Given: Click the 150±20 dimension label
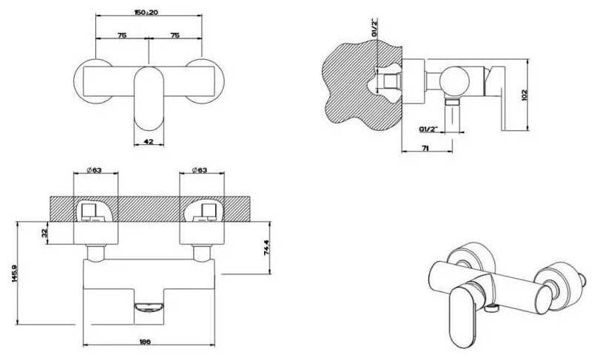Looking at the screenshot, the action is [146, 12].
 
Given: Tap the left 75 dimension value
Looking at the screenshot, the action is [121, 35].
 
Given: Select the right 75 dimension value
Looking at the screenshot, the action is [175, 35].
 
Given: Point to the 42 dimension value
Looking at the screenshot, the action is [149, 142].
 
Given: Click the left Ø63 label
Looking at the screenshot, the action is [95, 170].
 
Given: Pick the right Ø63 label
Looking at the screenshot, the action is [200, 170].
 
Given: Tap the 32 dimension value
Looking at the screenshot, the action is [45, 232].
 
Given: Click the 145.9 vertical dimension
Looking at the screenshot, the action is [15, 274].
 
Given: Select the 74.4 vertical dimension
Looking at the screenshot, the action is [266, 248].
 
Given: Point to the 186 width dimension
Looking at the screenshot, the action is [145, 342].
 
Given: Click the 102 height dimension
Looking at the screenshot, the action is [524, 95].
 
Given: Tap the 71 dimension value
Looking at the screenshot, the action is [425, 149].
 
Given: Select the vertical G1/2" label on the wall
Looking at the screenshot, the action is [374, 27].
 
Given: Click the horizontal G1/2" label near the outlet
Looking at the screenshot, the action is [428, 129].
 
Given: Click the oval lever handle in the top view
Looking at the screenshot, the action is [149, 98].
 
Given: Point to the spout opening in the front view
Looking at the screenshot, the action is [149, 307].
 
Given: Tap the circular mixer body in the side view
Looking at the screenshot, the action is [455, 82].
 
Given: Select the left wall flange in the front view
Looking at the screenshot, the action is [95, 233].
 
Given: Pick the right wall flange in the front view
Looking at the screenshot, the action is [201, 233].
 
